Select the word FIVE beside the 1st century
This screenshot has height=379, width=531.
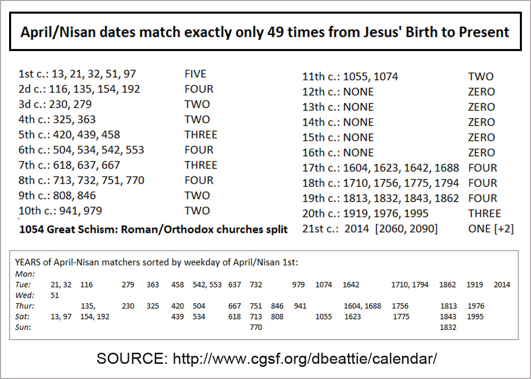195,74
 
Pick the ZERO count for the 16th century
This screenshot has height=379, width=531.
481,153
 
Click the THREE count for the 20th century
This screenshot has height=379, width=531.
484,213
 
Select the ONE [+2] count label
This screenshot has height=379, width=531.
491,228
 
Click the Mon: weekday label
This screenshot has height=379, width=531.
25,274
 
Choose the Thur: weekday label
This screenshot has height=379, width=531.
25,306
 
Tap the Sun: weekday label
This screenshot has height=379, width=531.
23,327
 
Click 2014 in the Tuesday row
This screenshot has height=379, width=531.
502,285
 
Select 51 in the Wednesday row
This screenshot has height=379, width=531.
55,295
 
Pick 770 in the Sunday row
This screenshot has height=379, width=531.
256,327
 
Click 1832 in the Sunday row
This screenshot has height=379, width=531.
448,327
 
